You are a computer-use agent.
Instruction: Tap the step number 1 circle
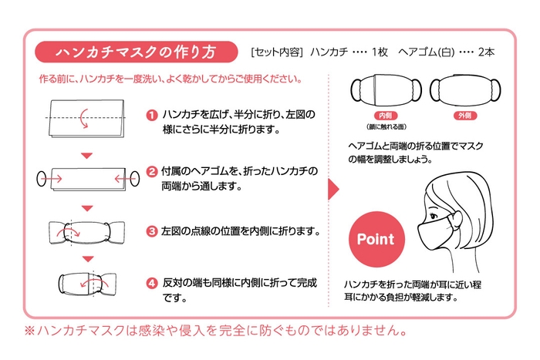152,116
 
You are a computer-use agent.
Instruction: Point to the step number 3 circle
152,230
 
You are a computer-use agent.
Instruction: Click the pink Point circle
375,239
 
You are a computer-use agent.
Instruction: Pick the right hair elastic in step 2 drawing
131,180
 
